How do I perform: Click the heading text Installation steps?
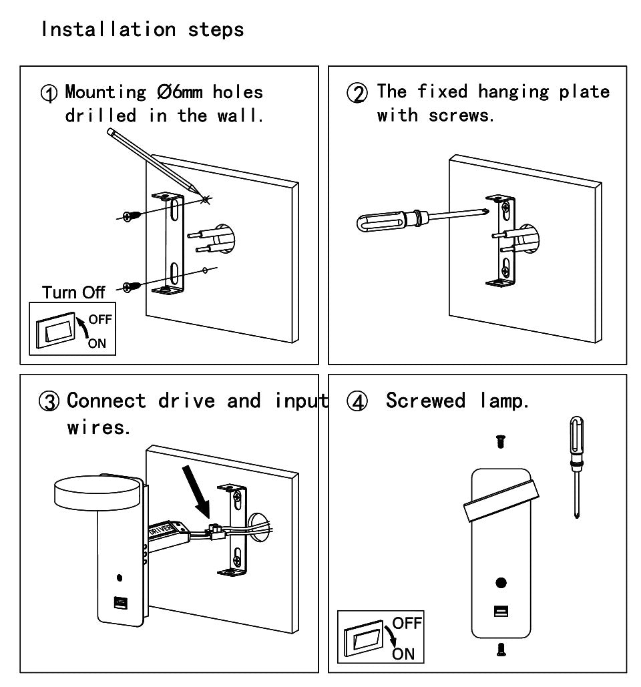[x=142, y=29]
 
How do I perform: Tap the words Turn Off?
[x=73, y=292]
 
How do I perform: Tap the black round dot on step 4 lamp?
[x=501, y=583]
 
